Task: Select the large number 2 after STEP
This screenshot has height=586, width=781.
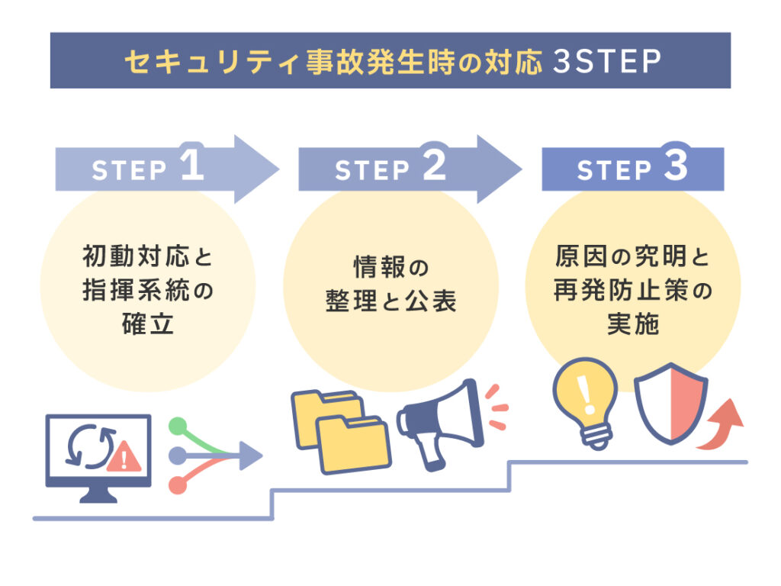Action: point(432,167)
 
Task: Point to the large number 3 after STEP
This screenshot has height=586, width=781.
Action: point(675,167)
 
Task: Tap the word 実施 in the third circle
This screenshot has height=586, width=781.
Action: point(633,325)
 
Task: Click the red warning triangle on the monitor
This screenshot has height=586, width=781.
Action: point(124,458)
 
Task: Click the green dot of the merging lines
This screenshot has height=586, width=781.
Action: point(177,426)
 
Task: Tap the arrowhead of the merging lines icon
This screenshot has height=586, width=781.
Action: point(251,456)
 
